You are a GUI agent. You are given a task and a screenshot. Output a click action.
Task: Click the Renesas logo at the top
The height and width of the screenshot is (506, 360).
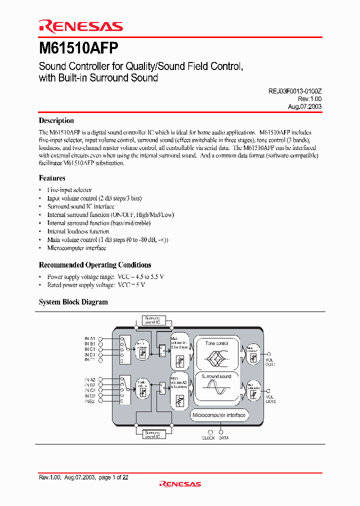point(80,27)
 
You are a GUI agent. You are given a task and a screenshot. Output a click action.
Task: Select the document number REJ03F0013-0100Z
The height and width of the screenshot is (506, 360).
point(291,92)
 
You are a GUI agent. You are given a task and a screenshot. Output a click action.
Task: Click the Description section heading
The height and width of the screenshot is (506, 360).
point(56,120)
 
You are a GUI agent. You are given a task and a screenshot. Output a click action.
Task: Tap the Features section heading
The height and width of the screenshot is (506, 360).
point(52,178)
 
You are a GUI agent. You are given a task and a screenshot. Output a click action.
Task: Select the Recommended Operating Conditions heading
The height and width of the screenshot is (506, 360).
point(95,265)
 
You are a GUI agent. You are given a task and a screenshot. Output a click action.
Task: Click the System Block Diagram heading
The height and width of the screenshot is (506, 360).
point(73,302)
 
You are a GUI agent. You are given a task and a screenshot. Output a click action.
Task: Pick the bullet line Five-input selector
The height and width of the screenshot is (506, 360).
point(69,190)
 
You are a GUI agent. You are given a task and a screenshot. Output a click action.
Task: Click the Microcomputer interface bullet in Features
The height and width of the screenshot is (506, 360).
point(76,248)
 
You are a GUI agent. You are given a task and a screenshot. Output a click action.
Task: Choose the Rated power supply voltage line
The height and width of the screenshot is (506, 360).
point(96,285)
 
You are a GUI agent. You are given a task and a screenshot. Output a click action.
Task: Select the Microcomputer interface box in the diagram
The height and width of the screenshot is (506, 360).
point(219,415)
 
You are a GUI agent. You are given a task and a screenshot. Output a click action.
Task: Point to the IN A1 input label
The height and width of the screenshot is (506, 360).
point(90,338)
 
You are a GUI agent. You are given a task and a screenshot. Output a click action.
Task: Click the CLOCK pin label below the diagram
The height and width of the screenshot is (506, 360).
point(208,438)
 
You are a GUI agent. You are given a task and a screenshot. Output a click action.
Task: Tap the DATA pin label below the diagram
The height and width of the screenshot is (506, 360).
point(223,438)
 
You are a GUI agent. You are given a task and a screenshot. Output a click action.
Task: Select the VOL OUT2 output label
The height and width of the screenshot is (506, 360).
point(270,398)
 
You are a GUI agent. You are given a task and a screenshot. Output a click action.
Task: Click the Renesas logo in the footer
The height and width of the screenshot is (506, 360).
point(180,484)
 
